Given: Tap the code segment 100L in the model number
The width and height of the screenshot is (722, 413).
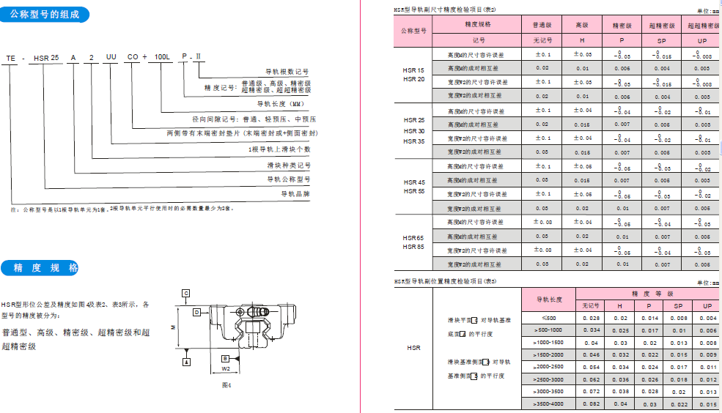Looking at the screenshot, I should (x=158, y=56).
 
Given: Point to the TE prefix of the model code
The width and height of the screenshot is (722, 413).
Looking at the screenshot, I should (x=10, y=56).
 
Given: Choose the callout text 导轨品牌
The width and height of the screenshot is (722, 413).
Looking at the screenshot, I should (x=296, y=194).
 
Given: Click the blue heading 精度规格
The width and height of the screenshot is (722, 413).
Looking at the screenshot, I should (x=45, y=268).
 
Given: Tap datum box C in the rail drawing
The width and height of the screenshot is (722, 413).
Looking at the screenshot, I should (x=186, y=293).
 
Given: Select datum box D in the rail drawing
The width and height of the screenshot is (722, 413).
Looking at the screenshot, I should (x=196, y=311).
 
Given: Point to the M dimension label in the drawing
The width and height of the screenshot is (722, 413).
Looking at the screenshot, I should (x=173, y=327).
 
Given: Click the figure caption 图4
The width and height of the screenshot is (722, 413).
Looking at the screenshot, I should (x=226, y=384).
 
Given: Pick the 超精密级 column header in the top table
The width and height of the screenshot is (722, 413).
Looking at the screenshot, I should (x=662, y=25).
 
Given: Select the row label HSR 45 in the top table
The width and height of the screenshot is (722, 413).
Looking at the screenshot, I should (x=414, y=182).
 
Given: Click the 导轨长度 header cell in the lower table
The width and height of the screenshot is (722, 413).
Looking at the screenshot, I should (x=550, y=299).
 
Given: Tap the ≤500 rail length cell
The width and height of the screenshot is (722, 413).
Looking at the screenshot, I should (x=550, y=318).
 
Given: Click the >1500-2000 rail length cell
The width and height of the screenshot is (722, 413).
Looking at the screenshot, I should (x=550, y=354).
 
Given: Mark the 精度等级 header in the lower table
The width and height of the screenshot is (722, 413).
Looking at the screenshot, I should (x=647, y=292).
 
